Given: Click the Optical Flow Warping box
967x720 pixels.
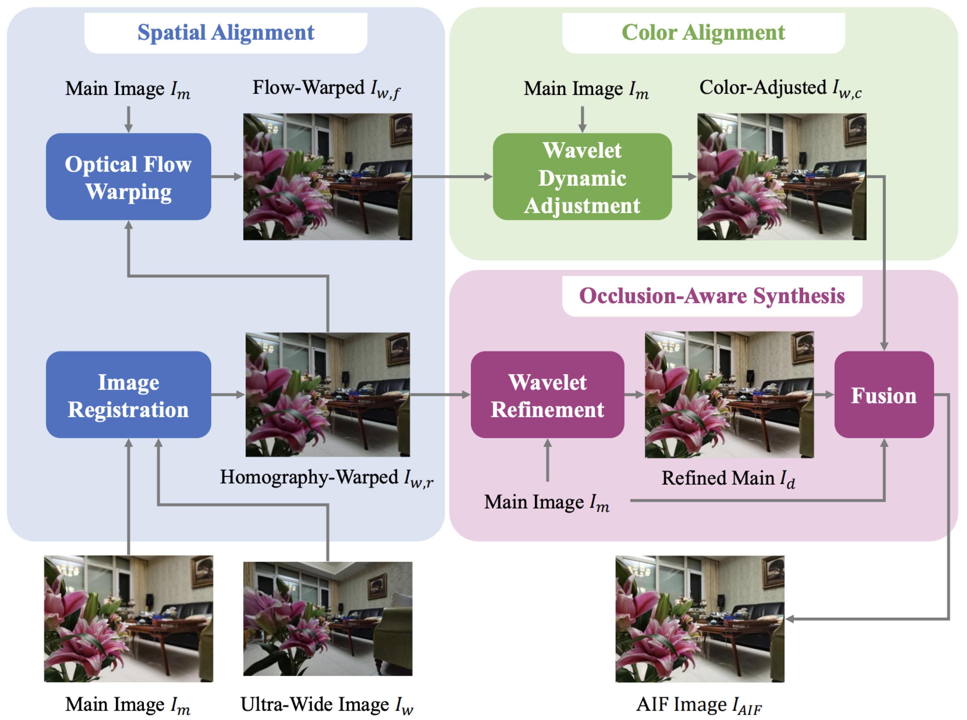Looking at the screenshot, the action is tap(128, 177).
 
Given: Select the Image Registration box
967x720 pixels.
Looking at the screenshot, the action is tap(128, 395).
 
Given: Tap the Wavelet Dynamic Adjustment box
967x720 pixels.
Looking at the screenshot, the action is tap(582, 177).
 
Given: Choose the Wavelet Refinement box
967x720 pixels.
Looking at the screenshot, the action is tap(547, 395).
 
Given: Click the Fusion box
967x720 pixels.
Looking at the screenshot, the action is tap(884, 395).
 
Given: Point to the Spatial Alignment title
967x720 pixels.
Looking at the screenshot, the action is tap(226, 33).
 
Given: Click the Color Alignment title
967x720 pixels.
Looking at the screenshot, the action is tap(703, 33).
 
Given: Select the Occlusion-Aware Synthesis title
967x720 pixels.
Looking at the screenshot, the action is tap(712, 296).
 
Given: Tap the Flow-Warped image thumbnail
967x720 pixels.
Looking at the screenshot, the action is tap(328, 177).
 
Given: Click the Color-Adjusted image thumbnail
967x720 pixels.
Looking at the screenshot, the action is tap(782, 177).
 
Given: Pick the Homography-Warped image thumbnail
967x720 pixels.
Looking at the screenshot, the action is tap(328, 395).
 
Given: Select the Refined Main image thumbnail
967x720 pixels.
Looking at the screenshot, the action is tap(729, 395).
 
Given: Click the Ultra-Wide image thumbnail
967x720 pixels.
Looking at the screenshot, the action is tap(328, 619).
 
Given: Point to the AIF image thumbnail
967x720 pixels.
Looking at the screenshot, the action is tap(699, 619).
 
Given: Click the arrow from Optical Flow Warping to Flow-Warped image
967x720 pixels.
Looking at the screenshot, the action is tap(227, 177).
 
